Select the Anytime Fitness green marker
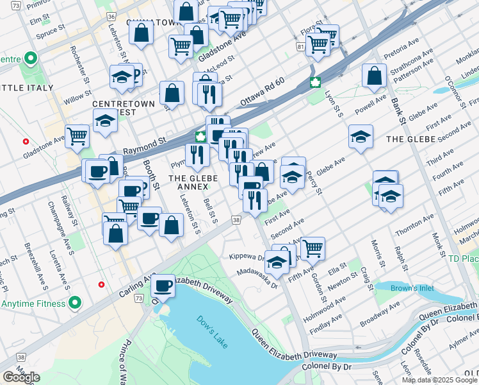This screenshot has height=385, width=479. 75,302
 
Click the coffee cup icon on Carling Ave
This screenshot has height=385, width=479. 163,286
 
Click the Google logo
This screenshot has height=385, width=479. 21,377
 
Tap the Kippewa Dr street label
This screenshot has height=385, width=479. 247,256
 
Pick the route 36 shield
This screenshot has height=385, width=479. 112,16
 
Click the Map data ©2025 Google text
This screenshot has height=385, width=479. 440,380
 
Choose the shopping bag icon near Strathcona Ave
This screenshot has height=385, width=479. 374,76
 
